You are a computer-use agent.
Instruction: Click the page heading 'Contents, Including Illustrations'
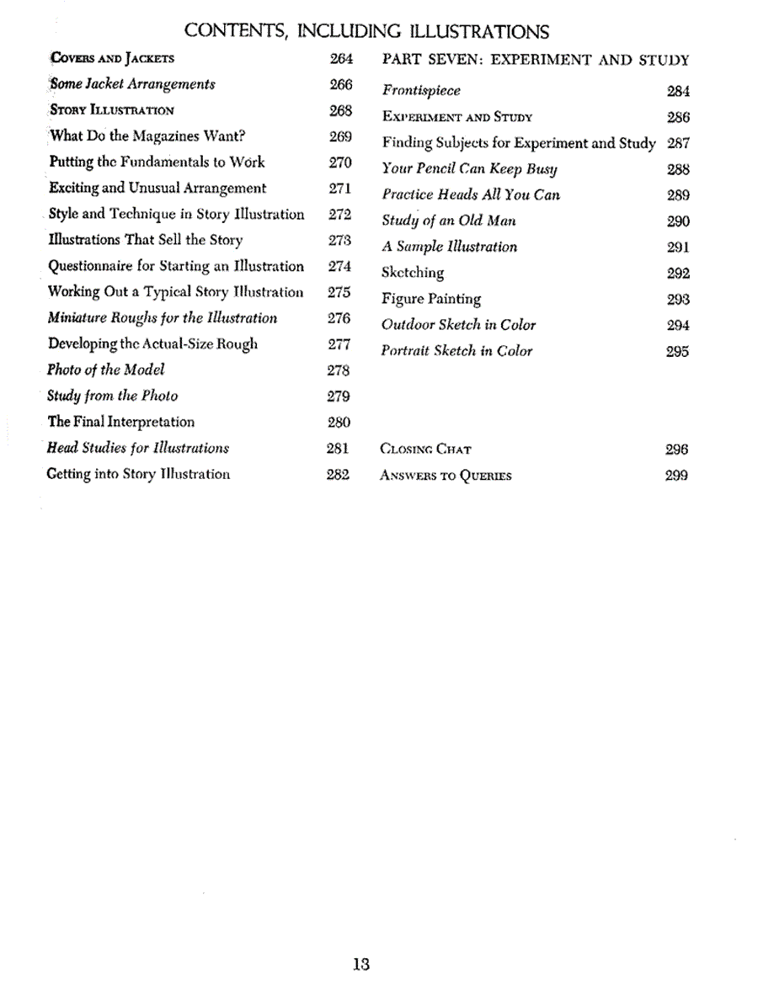(366, 32)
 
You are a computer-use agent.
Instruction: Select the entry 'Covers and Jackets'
(112, 59)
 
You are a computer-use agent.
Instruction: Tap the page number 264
(339, 59)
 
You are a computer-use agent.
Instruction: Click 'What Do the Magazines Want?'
(147, 136)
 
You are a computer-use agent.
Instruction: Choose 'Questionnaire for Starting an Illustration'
(176, 266)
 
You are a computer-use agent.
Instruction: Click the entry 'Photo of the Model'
(106, 370)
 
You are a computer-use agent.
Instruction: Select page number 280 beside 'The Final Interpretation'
(339, 422)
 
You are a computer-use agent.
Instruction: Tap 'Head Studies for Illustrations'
(138, 448)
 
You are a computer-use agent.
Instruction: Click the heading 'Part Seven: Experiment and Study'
(536, 60)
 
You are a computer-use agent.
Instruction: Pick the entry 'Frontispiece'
(421, 91)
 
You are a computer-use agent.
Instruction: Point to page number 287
(678, 143)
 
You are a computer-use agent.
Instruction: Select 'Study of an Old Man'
(449, 221)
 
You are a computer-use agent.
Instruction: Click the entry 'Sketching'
(413, 273)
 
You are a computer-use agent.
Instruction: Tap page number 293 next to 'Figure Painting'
(678, 299)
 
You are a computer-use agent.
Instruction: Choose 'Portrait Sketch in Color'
(456, 351)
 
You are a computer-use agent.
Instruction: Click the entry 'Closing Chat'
(426, 450)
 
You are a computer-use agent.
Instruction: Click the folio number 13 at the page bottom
(362, 965)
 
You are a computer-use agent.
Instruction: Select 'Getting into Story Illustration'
(139, 474)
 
